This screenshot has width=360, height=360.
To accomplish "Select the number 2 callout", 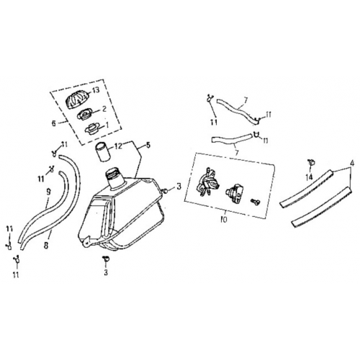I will click(x=104, y=110).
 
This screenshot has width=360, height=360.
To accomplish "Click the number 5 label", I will click(x=148, y=144).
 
